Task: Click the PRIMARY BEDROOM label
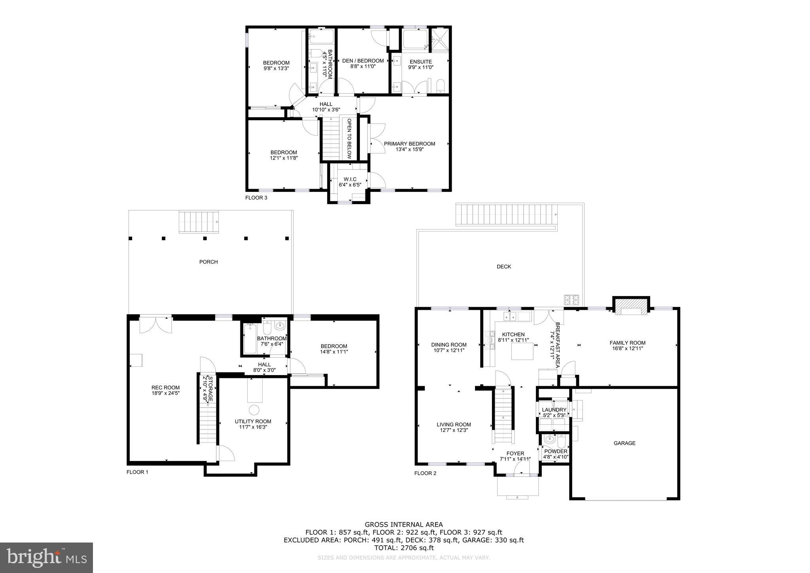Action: tap(409, 144)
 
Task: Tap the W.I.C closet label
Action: tap(350, 179)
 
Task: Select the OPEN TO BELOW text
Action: tap(349, 139)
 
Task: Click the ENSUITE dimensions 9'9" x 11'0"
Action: tap(420, 67)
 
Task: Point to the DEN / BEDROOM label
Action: tap(363, 61)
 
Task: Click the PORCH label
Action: tap(208, 262)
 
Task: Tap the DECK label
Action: tap(503, 267)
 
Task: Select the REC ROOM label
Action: tap(165, 387)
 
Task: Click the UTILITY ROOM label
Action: tap(253, 421)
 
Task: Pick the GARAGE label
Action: tap(625, 443)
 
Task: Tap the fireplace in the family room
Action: tap(631, 307)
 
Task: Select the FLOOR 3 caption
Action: tap(256, 197)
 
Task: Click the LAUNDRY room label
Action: tap(554, 410)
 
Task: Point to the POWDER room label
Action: tap(556, 451)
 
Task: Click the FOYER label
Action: tap(515, 453)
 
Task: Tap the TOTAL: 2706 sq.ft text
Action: tap(403, 548)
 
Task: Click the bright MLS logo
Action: tap(46, 557)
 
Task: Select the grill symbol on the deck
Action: tap(572, 300)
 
